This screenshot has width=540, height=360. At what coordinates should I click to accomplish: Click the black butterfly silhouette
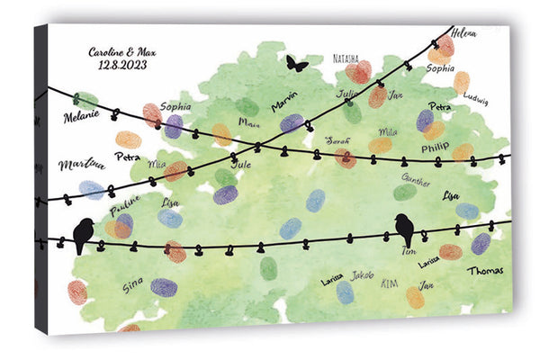(296, 63)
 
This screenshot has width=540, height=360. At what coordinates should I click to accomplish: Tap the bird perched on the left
(83, 235)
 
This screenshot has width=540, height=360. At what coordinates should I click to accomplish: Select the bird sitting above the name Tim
(404, 229)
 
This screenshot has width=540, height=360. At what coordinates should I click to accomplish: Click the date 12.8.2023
(122, 66)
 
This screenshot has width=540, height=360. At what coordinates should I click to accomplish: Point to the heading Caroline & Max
(122, 51)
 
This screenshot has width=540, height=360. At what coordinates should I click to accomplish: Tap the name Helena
(465, 32)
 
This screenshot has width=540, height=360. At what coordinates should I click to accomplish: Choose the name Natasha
(346, 58)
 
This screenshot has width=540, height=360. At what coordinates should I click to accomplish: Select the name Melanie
(80, 116)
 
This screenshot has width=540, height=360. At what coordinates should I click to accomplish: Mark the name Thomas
(485, 269)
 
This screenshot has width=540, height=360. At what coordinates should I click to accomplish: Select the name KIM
(390, 283)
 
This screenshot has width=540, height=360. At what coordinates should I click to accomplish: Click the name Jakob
(362, 274)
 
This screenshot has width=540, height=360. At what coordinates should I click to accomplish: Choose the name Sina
(132, 285)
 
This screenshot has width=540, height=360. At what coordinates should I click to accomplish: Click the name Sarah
(337, 140)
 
